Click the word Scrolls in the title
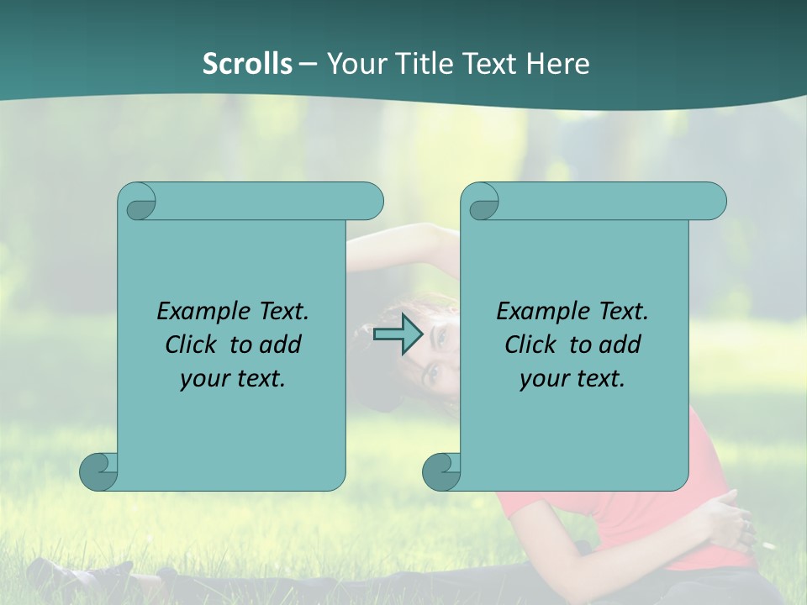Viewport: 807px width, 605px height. (x=248, y=64)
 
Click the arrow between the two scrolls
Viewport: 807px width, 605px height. (x=398, y=335)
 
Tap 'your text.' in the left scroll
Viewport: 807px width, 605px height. (x=233, y=379)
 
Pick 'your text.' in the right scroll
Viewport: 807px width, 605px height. (x=572, y=379)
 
